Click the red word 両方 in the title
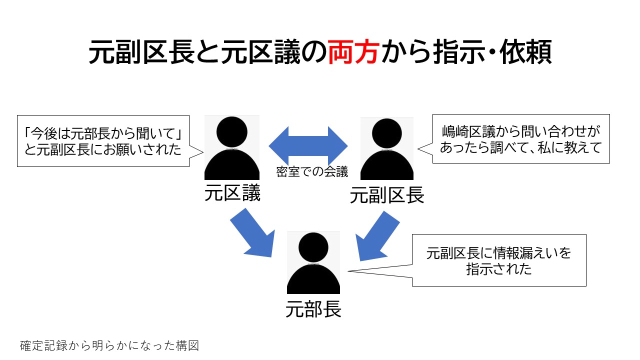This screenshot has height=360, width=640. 353,52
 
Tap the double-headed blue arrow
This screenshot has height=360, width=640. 308,145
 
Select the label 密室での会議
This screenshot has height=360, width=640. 312,172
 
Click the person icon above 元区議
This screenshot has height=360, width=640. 231,147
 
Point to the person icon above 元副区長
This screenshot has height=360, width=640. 387,148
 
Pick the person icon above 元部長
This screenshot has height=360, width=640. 313,262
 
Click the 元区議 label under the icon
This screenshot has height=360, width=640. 232,193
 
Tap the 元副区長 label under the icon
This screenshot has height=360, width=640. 387,195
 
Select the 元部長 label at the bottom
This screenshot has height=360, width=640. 313,309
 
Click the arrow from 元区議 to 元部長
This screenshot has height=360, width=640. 253,233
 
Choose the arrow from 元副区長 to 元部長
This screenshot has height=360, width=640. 377,236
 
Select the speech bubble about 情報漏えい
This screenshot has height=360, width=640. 499,260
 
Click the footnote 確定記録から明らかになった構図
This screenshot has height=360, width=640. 109,345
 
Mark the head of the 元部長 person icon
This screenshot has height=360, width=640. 313,247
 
